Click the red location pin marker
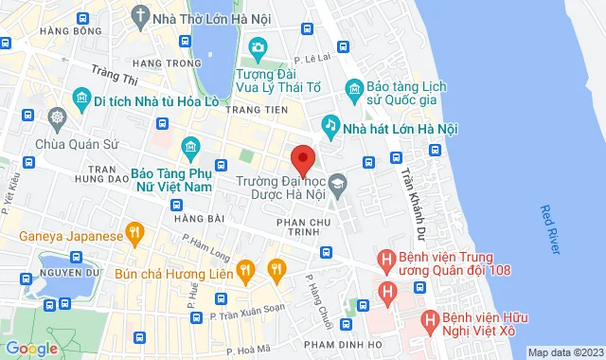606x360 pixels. (302, 159)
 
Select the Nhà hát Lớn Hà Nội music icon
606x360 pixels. (330, 123)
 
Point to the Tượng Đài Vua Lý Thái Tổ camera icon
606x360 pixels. (257, 47)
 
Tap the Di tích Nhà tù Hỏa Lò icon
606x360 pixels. (80, 99)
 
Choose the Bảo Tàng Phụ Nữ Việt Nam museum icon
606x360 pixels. (190, 147)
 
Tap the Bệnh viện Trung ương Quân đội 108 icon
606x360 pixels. (386, 258)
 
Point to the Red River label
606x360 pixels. (550, 229)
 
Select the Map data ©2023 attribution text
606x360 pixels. (564, 352)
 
